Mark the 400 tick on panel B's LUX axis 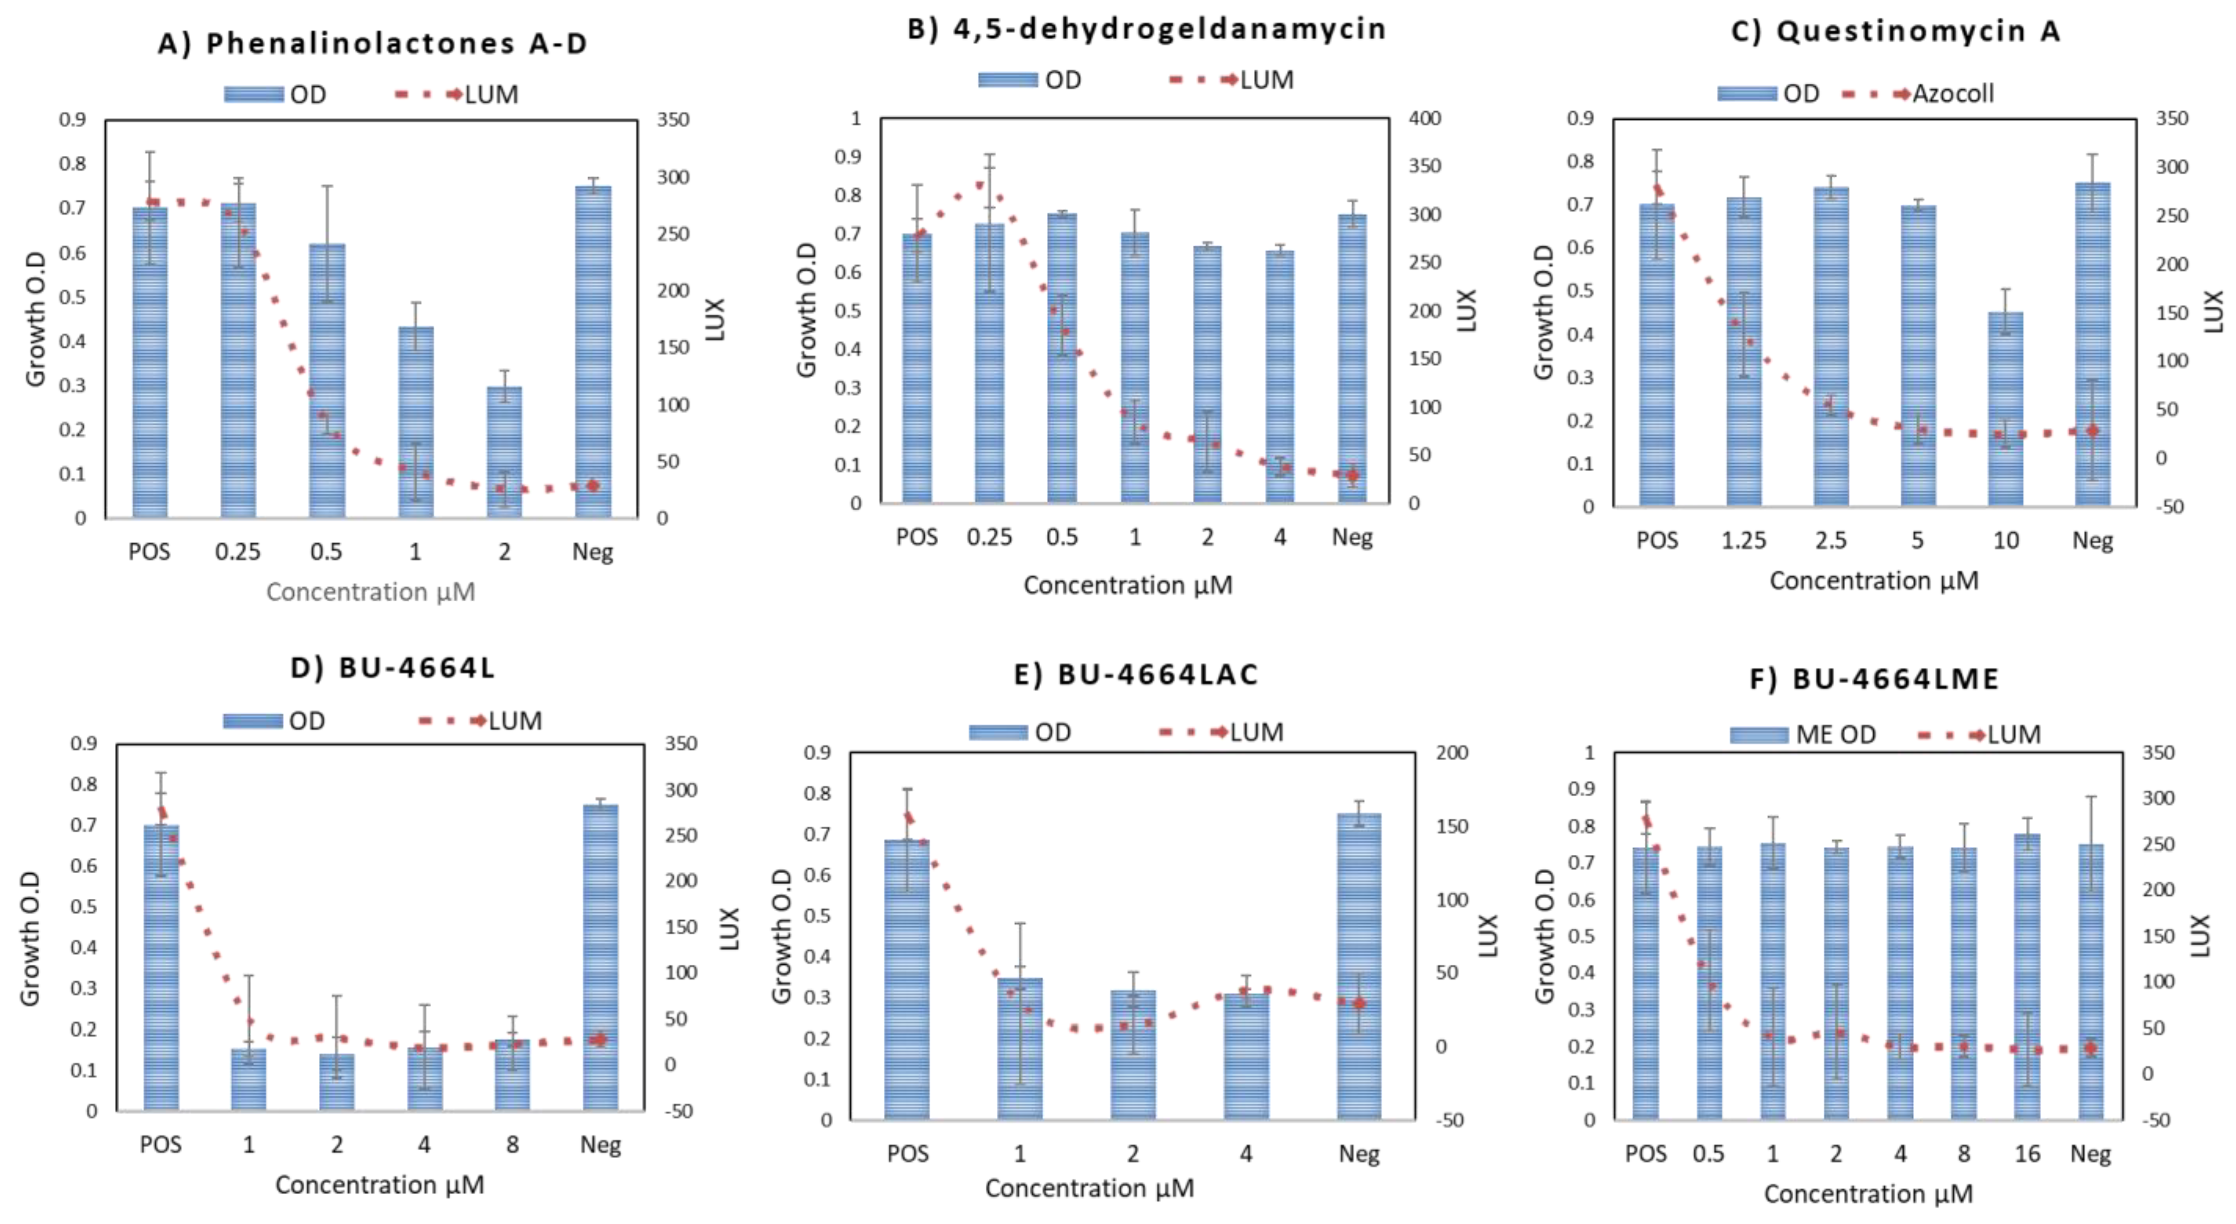[1424, 118]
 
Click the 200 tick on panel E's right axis [1451, 752]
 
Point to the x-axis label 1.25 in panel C [1744, 541]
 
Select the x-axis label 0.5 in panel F [1708, 1154]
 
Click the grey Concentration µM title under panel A [371, 592]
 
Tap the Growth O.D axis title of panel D [30, 937]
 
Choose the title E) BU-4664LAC [1135, 674]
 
